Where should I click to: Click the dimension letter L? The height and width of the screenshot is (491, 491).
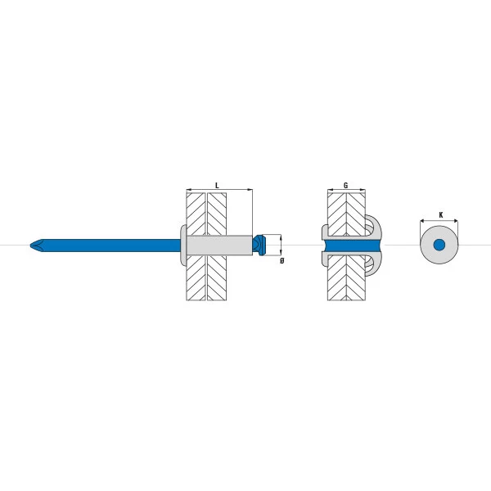pyautogui.click(x=217, y=186)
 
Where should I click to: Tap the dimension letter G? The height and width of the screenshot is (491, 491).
pyautogui.click(x=345, y=186)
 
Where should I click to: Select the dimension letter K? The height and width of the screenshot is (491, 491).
pyautogui.click(x=441, y=214)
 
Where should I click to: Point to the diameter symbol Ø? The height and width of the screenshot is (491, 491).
pyautogui.click(x=282, y=260)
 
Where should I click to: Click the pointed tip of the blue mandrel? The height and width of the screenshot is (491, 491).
pyautogui.click(x=30, y=245)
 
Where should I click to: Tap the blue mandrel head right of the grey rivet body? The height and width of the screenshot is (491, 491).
pyautogui.click(x=259, y=245)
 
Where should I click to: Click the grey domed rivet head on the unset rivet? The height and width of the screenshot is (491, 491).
pyautogui.click(x=183, y=245)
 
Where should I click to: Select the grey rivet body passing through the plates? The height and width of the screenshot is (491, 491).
pyautogui.click(x=219, y=245)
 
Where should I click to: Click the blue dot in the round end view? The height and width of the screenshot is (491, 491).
pyautogui.click(x=439, y=245)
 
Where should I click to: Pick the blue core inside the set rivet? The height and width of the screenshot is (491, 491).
pyautogui.click(x=351, y=245)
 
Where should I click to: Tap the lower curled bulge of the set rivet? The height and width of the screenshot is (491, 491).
pyautogui.click(x=373, y=263)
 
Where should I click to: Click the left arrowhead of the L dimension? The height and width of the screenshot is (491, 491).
pyautogui.click(x=188, y=190)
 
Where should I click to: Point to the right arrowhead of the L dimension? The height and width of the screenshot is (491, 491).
pyautogui.click(x=250, y=190)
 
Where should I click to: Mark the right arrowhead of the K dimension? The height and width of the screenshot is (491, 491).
pyautogui.click(x=456, y=221)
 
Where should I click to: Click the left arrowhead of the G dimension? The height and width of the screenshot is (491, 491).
pyautogui.click(x=330, y=190)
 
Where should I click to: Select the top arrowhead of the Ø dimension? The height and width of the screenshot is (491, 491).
pyautogui.click(x=281, y=236)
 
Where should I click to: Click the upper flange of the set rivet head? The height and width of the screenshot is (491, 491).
pyautogui.click(x=325, y=232)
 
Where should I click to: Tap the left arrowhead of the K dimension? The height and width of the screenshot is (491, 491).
pyautogui.click(x=422, y=221)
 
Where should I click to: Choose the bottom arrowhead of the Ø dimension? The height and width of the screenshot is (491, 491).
pyautogui.click(x=281, y=254)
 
